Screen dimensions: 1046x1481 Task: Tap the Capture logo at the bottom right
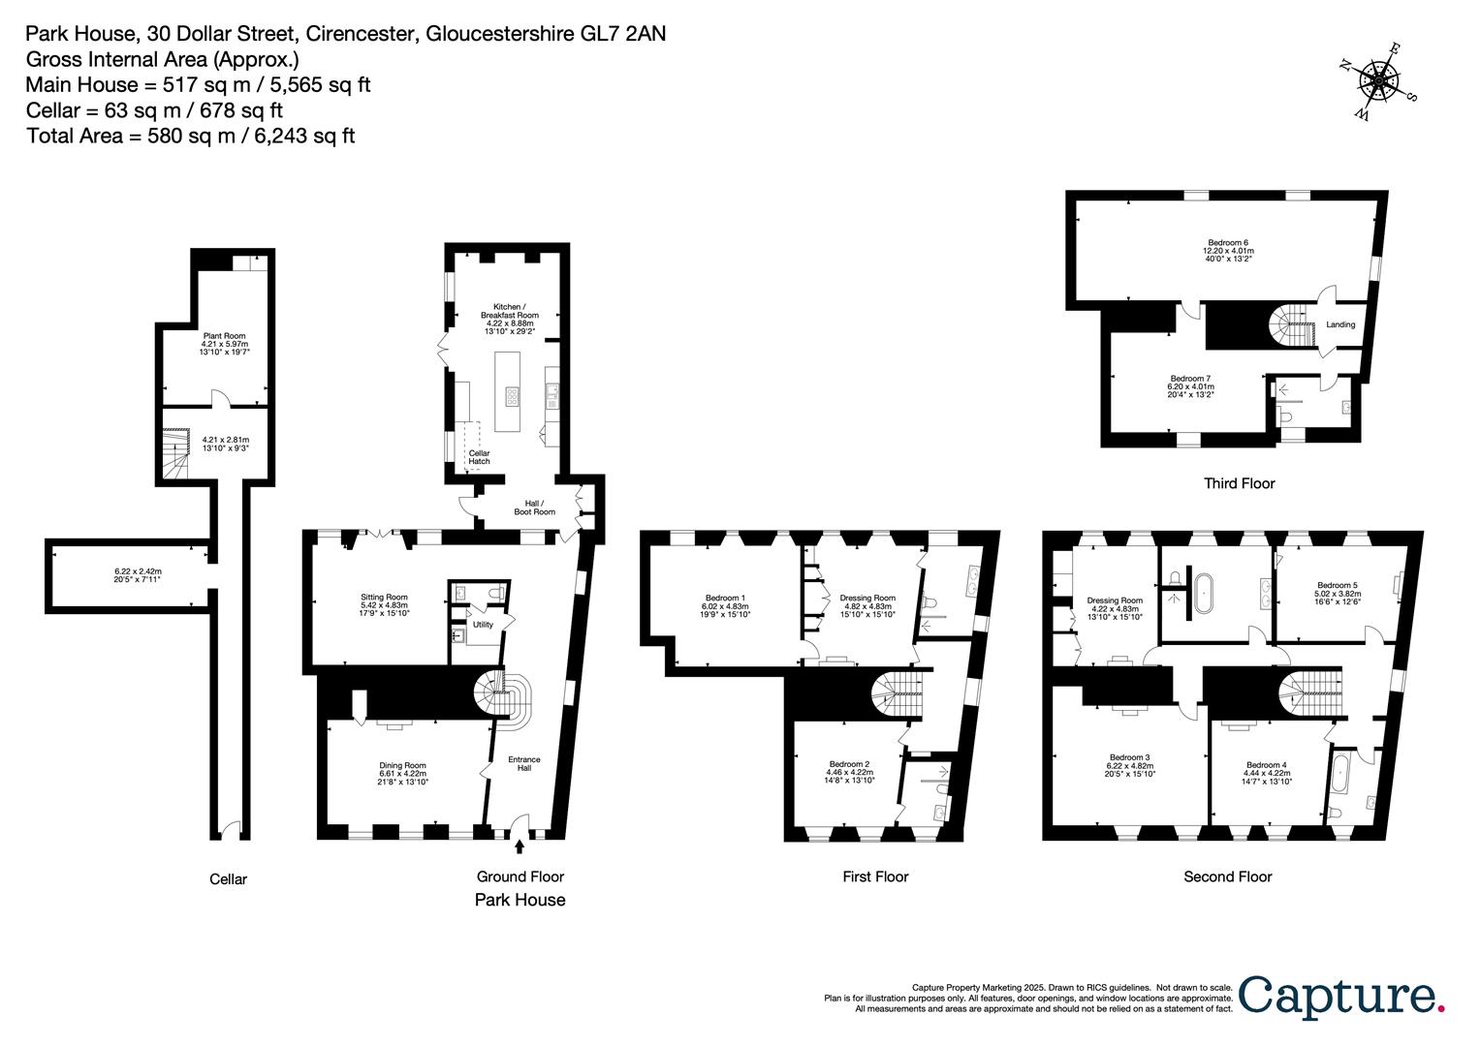(1341, 997)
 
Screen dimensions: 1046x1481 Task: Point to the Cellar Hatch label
(479, 457)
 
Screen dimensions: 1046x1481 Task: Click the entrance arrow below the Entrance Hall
(520, 846)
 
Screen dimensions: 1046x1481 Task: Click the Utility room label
(482, 625)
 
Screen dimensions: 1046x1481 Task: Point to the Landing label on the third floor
(1340, 324)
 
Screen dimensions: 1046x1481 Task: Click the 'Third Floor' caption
(1239, 483)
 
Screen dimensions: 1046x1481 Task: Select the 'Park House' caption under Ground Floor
(520, 900)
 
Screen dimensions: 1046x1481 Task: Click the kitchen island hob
(512, 395)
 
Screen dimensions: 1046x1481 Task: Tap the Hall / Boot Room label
(539, 507)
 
